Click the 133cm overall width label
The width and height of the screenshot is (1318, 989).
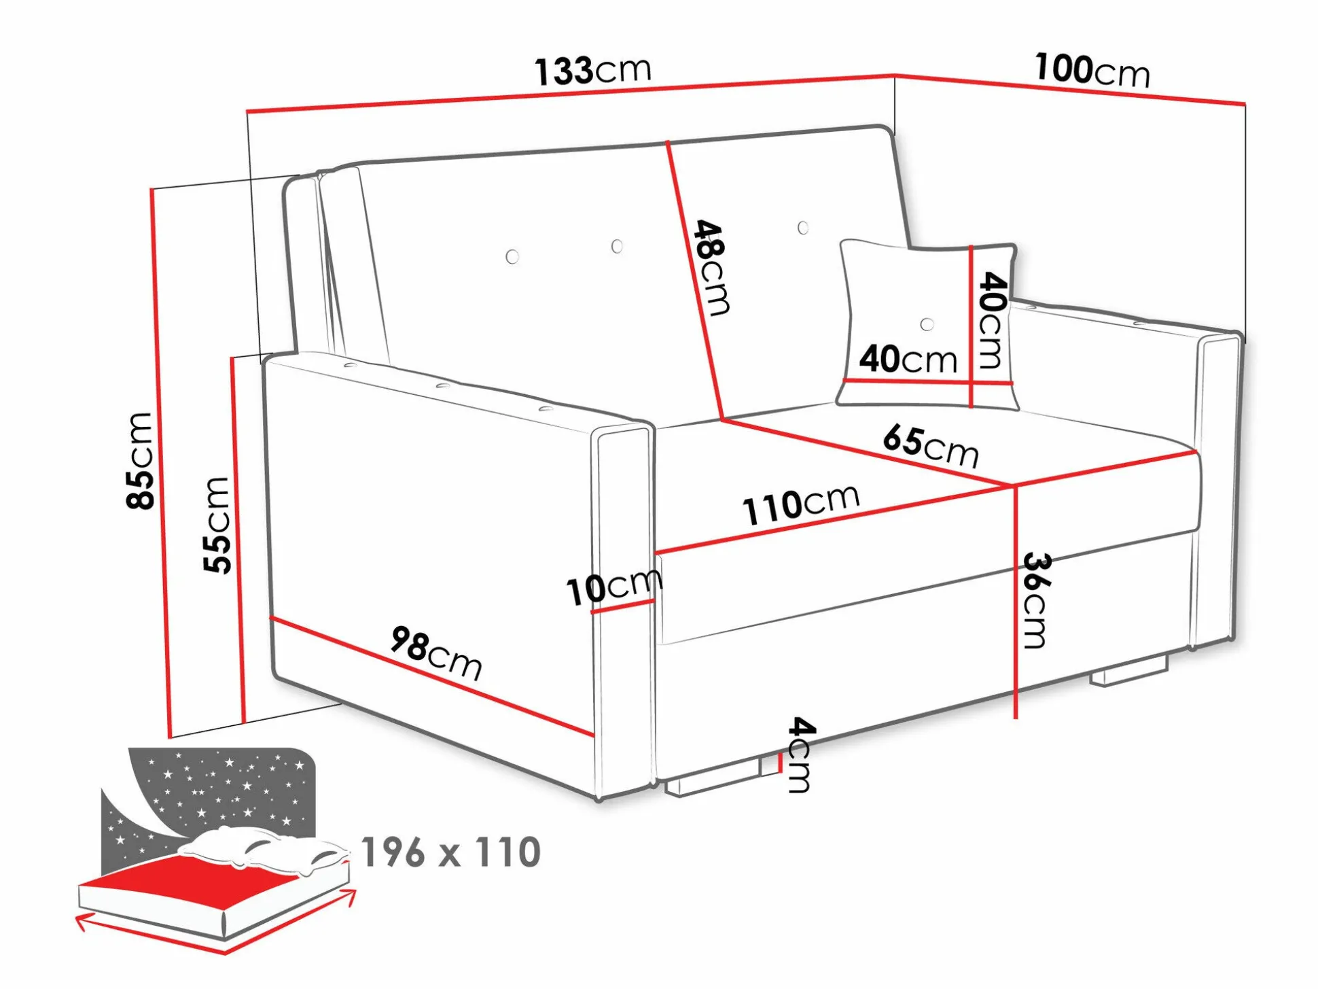pyautogui.click(x=593, y=71)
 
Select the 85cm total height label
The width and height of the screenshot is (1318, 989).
pyautogui.click(x=140, y=460)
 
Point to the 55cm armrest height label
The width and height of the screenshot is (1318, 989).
pyautogui.click(x=217, y=525)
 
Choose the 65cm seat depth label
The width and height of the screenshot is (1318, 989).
pyautogui.click(x=931, y=446)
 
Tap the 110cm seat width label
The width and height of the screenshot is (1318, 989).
pyautogui.click(x=801, y=505)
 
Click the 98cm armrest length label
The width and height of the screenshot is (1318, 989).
pyautogui.click(x=436, y=653)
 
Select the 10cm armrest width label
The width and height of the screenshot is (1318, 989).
pyautogui.click(x=614, y=587)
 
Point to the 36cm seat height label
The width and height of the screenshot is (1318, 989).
pyautogui.click(x=1037, y=600)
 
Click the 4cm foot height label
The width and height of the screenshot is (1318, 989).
pyautogui.click(x=800, y=754)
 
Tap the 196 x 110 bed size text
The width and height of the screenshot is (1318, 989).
pyautogui.click(x=451, y=852)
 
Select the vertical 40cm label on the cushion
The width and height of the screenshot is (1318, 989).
pyautogui.click(x=993, y=320)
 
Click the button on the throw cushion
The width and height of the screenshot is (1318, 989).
pyautogui.click(x=927, y=325)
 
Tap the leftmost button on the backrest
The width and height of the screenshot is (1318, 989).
pyautogui.click(x=513, y=256)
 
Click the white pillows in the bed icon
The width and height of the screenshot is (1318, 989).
pyautogui.click(x=265, y=850)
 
